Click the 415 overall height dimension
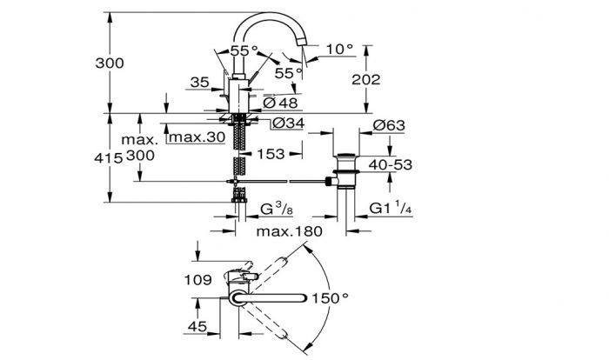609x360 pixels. [x=109, y=158]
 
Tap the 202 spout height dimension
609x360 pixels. [x=366, y=80]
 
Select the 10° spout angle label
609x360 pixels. [x=340, y=50]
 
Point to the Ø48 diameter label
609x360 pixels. [x=280, y=103]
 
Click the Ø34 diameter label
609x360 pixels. [x=288, y=123]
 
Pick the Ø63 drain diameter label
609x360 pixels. [x=389, y=125]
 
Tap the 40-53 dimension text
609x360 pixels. [x=391, y=164]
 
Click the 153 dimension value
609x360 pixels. [x=271, y=154]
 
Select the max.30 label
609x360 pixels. [x=197, y=137]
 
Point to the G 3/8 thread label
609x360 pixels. [x=277, y=209]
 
